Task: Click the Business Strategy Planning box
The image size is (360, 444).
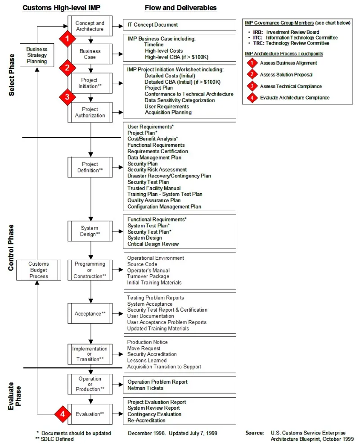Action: click(37, 55)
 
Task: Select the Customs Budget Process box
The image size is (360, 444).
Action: click(39, 270)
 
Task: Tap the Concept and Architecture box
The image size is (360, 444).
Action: click(90, 26)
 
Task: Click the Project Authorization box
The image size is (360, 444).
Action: click(90, 113)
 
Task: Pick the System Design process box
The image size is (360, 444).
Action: click(90, 231)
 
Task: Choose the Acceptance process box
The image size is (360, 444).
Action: click(90, 313)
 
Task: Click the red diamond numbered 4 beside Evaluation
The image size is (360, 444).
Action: click(63, 414)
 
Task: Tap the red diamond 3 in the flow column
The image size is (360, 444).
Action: click(67, 97)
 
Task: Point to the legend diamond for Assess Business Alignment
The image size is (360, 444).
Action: click(252, 63)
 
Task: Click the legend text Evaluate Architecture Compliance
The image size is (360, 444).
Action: click(295, 98)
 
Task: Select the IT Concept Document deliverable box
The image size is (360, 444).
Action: click(180, 25)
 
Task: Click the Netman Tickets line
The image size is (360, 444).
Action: click(145, 388)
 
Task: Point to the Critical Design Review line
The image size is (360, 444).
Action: click(153, 244)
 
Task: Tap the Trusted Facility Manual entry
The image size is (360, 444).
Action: click(154, 188)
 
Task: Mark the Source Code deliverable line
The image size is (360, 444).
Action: click(142, 264)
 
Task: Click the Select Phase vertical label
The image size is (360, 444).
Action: click(11, 75)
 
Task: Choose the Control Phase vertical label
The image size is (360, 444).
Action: click(11, 248)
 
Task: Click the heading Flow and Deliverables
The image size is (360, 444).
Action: click(180, 8)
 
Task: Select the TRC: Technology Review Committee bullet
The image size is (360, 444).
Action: click(291, 43)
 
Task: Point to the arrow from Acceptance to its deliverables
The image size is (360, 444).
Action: click(118, 314)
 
